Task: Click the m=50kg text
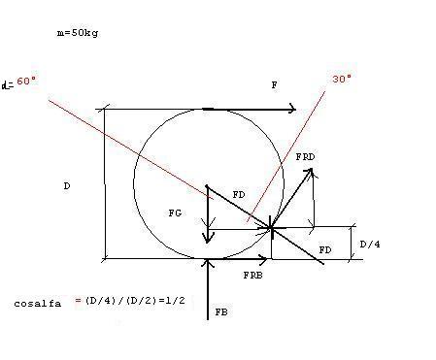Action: pyautogui.click(x=78, y=33)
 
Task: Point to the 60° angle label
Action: pyautogui.click(x=26, y=81)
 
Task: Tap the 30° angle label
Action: pyautogui.click(x=342, y=79)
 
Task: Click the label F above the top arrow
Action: pyautogui.click(x=274, y=85)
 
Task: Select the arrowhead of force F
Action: pyautogui.click(x=292, y=109)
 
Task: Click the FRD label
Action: pyautogui.click(x=305, y=157)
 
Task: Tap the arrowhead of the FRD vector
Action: pyautogui.click(x=309, y=172)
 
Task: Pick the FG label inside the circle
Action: pyautogui.click(x=175, y=213)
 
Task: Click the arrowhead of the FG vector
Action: pyautogui.click(x=208, y=239)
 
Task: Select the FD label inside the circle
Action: pyautogui.click(x=239, y=195)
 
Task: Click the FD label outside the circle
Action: pyautogui.click(x=325, y=250)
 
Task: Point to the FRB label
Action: pyautogui.click(x=252, y=276)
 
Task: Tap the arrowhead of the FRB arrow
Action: pyautogui.click(x=264, y=259)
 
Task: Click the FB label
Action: pyautogui.click(x=221, y=312)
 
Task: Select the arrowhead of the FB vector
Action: pyautogui.click(x=208, y=263)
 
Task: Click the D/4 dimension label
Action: pyautogui.click(x=370, y=244)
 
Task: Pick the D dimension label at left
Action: pyautogui.click(x=67, y=186)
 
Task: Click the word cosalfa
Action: pyautogui.click(x=37, y=304)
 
